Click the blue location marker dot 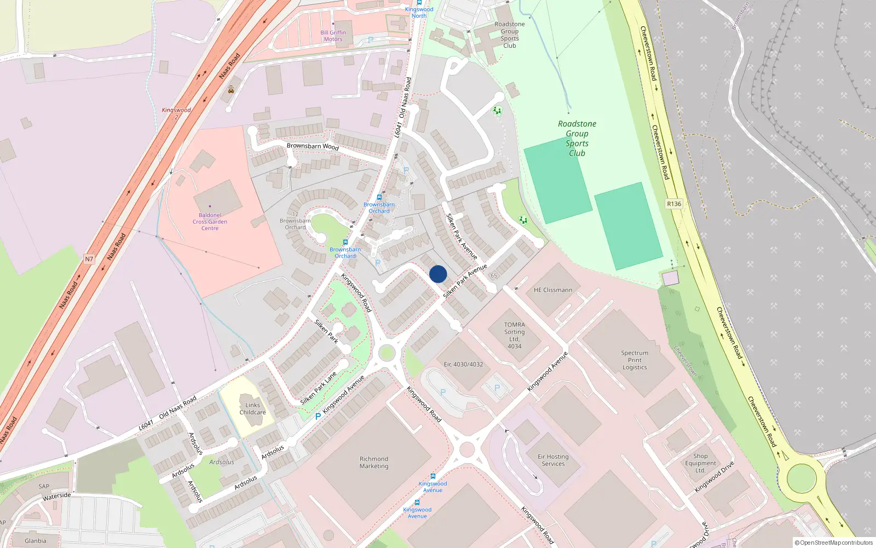coord(438,274)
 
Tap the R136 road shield coord(674,204)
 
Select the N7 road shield coord(89,259)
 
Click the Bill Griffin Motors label coord(333,36)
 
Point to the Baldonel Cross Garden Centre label coord(210,221)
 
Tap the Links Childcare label coord(252,409)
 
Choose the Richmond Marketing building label coord(374,463)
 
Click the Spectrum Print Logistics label coord(635,360)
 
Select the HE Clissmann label coord(553,290)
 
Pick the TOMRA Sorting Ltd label coord(514,335)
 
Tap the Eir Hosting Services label coord(553,460)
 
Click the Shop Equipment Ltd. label coord(700,463)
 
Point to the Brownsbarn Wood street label coord(313,146)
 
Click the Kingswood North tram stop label coord(419,12)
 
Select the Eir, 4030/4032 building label coord(463,364)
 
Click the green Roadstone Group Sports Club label coord(577,139)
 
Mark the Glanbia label coord(36,541)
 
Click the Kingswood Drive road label coord(714,477)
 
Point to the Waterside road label coord(56,496)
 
